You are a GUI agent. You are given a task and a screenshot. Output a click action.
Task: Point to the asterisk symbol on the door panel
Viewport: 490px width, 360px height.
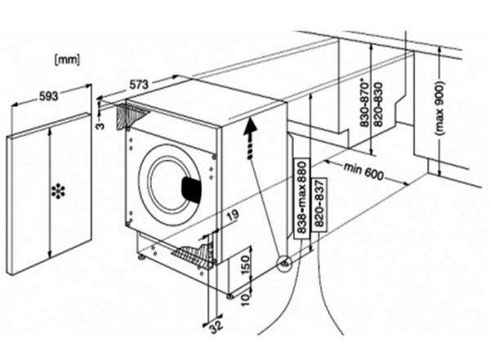(x=58, y=193)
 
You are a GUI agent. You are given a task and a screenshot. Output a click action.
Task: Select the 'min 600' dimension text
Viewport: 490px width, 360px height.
(x=364, y=173)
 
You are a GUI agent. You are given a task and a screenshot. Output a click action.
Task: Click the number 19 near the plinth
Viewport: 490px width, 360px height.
(x=233, y=217)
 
